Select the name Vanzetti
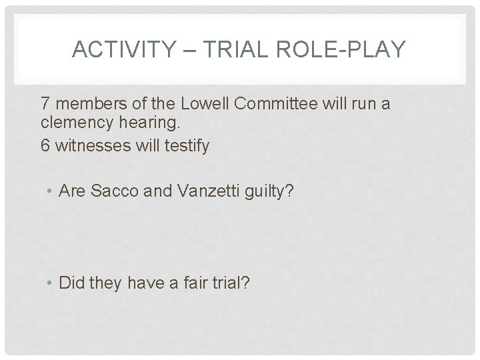click(201, 192)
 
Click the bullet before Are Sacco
click(51, 193)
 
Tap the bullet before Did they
click(51, 284)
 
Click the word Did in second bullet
click(71, 283)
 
